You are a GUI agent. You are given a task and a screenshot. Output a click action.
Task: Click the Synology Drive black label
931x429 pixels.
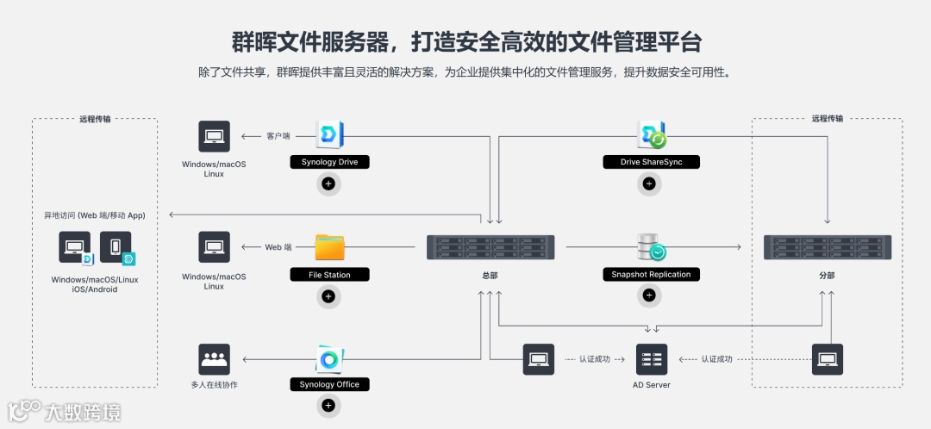(329, 162)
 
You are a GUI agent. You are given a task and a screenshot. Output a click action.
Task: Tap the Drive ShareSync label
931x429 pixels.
(650, 162)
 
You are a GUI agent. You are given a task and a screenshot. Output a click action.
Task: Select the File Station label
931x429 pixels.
(329, 275)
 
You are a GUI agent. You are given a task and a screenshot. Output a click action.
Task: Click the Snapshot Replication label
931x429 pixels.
(650, 275)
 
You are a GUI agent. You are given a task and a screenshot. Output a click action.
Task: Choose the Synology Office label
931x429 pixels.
(329, 384)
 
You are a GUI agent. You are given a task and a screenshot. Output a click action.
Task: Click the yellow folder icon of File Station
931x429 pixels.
(329, 247)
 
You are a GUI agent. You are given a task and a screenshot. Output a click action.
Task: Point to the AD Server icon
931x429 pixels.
(652, 358)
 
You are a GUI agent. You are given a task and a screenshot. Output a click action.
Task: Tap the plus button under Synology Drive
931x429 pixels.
(328, 183)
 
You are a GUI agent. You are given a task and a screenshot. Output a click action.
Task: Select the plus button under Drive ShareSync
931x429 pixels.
(649, 183)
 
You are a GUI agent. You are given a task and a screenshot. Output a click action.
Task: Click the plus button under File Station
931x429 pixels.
(328, 296)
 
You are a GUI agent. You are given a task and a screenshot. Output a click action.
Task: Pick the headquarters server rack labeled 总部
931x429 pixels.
(490, 248)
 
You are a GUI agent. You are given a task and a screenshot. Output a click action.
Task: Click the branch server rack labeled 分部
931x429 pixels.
(828, 248)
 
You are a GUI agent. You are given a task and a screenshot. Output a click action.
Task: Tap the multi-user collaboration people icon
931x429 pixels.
(214, 358)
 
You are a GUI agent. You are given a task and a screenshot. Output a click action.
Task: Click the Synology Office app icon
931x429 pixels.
(329, 358)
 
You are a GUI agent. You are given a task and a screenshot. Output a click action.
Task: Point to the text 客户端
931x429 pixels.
(278, 136)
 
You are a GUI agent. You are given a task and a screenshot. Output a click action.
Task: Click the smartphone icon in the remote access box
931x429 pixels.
(116, 247)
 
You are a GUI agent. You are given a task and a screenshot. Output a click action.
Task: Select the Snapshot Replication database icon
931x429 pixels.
(652, 247)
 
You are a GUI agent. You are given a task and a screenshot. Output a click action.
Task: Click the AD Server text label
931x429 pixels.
(652, 384)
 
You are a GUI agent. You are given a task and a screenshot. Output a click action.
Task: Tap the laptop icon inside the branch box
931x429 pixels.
(828, 358)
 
